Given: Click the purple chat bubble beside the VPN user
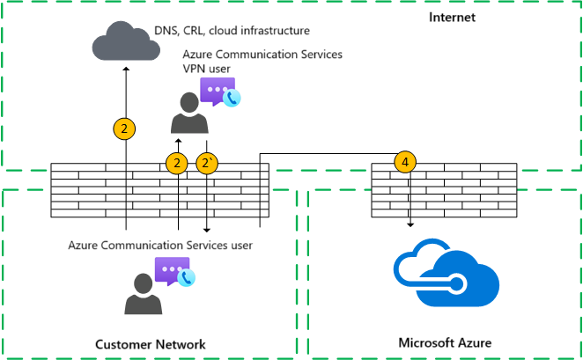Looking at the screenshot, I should [x=216, y=91].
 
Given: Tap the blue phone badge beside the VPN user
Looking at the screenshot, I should [x=232, y=99].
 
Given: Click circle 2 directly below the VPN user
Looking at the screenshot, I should [x=178, y=163].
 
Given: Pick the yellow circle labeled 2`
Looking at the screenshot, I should [x=207, y=163].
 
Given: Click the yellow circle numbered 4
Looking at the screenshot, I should [x=404, y=163].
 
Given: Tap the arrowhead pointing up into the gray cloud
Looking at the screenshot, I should [x=125, y=70].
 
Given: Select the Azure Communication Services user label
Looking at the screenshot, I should [x=160, y=245].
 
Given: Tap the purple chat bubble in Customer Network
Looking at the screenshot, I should [x=171, y=271].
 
